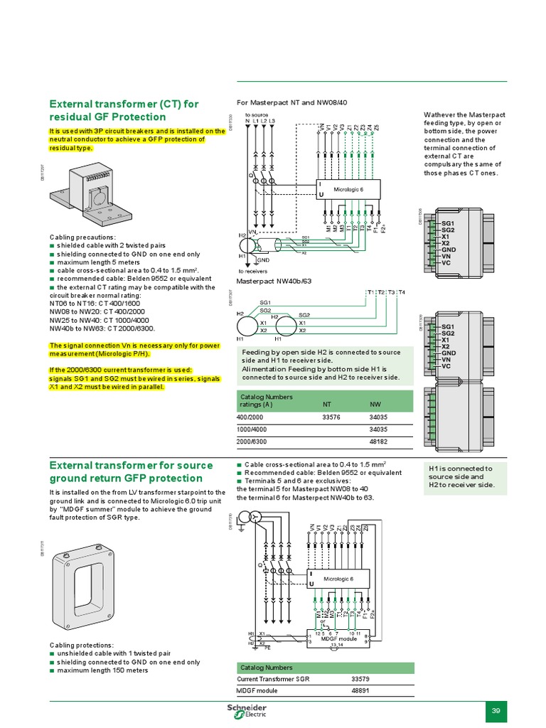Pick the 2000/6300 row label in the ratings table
tap(254, 442)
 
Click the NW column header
tap(375, 405)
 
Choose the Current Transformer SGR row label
tap(273, 678)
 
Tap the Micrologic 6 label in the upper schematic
tap(348, 188)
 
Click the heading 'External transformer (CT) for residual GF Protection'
tap(124, 110)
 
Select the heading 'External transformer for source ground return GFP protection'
tap(126, 471)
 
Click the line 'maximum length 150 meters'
tap(102, 670)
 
